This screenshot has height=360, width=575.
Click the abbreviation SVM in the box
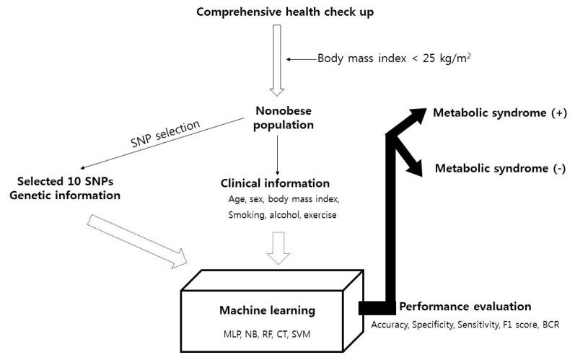[311, 334]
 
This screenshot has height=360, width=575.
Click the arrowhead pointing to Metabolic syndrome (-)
[416, 166]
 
